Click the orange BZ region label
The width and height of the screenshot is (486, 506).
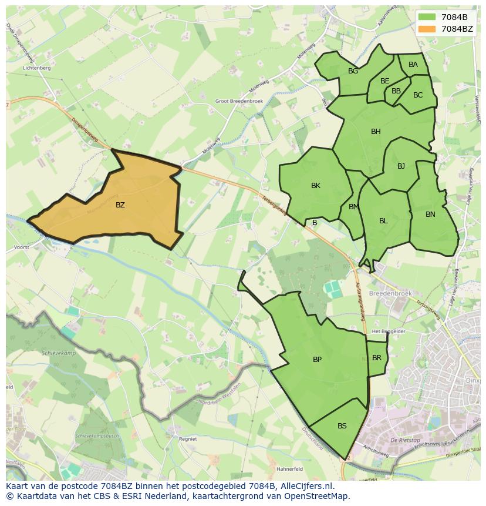(x=120, y=205)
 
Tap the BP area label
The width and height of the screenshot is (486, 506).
(x=317, y=360)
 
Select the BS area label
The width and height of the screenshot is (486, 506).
(x=342, y=426)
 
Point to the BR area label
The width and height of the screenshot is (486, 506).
(x=377, y=358)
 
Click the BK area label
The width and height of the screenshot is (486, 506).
(x=316, y=186)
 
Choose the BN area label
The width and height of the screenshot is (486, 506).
(x=430, y=215)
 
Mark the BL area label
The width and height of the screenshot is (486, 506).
(x=383, y=221)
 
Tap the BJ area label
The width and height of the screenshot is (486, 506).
(x=401, y=166)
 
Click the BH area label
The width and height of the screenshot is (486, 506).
(x=376, y=132)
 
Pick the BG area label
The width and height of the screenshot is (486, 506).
(x=353, y=71)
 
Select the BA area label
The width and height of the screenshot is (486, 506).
(x=413, y=65)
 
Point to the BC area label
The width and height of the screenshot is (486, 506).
(x=418, y=95)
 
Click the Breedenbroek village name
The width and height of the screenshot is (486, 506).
(x=390, y=293)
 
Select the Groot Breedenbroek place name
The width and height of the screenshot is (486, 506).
(x=239, y=100)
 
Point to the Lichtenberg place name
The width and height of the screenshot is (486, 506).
(x=36, y=68)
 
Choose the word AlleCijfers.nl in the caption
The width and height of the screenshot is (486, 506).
(x=305, y=486)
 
